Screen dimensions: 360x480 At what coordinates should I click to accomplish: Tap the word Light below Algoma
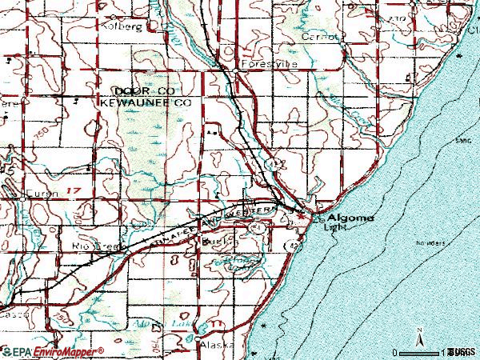click(x=334, y=226)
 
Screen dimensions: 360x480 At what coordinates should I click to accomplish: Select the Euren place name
click(x=38, y=194)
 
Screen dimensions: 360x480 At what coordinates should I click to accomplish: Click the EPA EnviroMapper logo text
click(x=54, y=351)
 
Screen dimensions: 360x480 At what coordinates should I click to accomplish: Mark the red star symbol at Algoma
click(x=301, y=214)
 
